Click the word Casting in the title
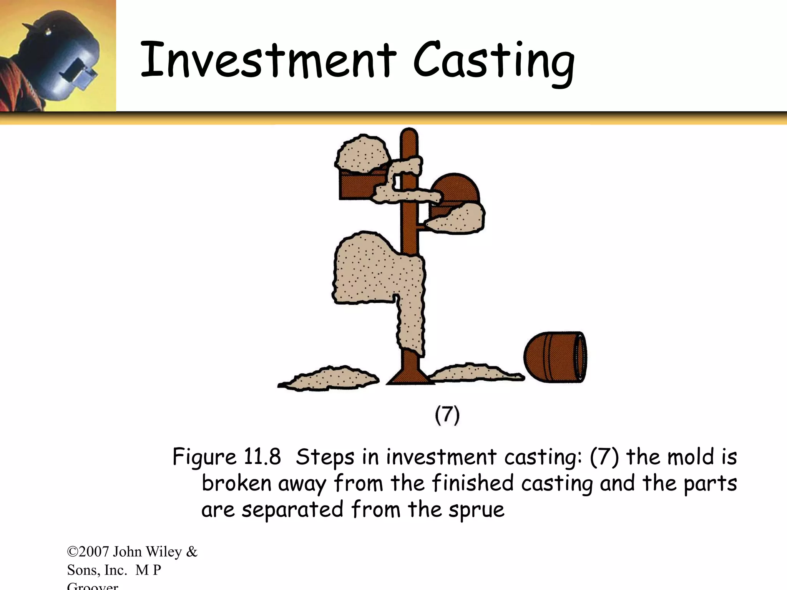click(493, 61)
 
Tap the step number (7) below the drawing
click(447, 415)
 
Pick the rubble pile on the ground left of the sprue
click(329, 378)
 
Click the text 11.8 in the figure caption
click(262, 457)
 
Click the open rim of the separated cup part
click(580, 357)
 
